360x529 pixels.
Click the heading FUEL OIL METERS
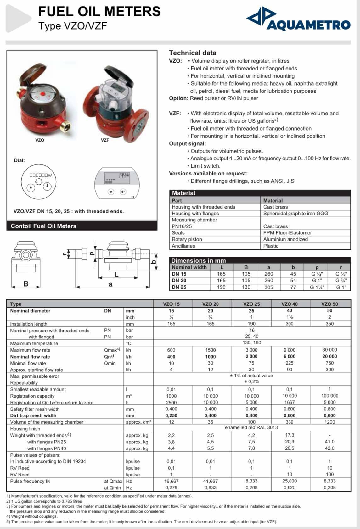pyautogui.click(x=99, y=12)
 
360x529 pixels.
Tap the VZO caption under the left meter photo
pyautogui.click(x=40, y=140)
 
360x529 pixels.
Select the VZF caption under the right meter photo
pyautogui.click(x=105, y=140)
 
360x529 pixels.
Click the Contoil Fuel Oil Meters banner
pyautogui.click(x=43, y=226)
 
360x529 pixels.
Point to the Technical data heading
pyautogui.click(x=193, y=53)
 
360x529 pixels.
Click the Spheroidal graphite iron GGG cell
pyautogui.click(x=295, y=213)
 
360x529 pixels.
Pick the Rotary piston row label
pyautogui.click(x=187, y=239)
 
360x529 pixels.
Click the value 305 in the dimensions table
pyautogui.click(x=268, y=287)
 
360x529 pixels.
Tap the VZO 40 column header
pyautogui.click(x=289, y=304)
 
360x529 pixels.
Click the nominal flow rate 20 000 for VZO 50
pyautogui.click(x=329, y=356)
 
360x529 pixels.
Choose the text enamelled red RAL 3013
pyautogui.click(x=251, y=427)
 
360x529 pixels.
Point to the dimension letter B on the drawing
pyautogui.click(x=26, y=284)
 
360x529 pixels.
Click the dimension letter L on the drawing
pyautogui.click(x=116, y=275)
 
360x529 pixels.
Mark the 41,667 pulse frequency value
pyautogui.click(x=210, y=481)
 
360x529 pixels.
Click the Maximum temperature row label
pyautogui.click(x=34, y=343)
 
